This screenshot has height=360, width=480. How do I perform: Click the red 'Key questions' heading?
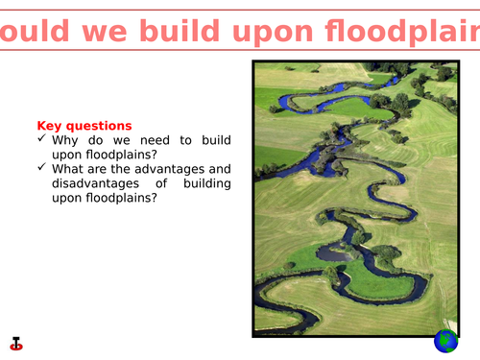(84, 126)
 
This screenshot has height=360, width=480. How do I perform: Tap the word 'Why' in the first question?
(68, 140)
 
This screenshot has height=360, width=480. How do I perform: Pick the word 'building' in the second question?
(204, 183)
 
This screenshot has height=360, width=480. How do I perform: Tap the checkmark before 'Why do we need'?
(42, 140)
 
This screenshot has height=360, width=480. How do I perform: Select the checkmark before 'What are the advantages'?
(42, 168)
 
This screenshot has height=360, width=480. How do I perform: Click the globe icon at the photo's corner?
(446, 340)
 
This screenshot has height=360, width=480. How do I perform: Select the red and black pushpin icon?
(16, 341)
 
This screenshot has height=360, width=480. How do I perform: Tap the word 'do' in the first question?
(100, 140)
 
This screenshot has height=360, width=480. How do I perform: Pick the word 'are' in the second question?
(106, 169)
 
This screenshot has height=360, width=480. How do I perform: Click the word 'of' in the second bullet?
(158, 183)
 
